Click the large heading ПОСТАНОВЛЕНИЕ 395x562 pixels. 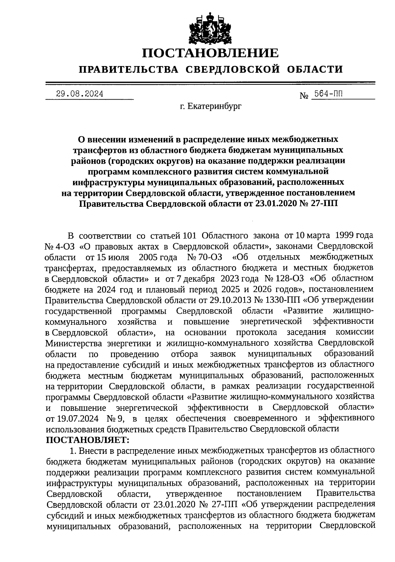point(210,53)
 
